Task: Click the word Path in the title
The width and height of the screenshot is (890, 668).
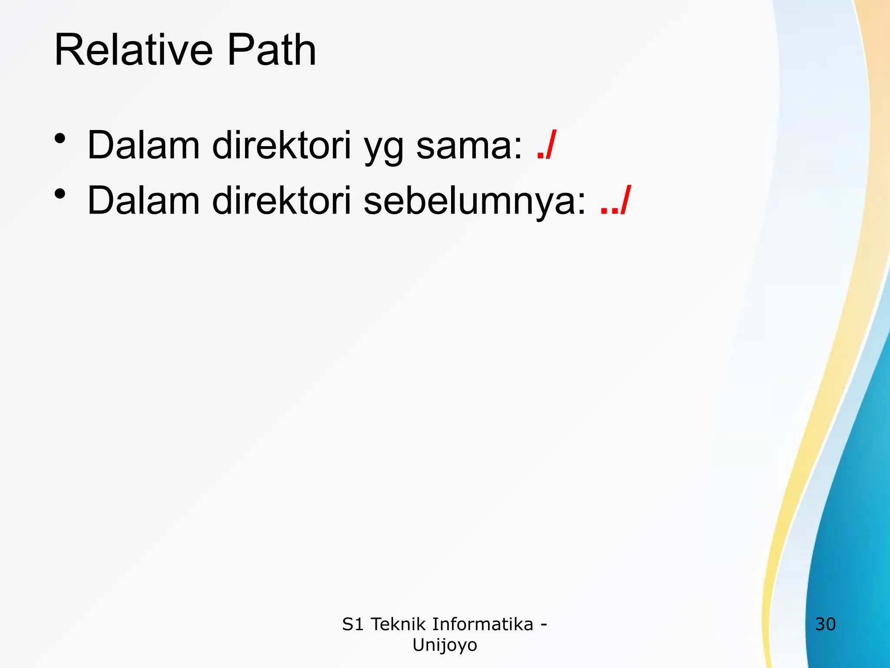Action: point(272,51)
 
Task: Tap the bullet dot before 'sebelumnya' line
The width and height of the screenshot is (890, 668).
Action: point(60,194)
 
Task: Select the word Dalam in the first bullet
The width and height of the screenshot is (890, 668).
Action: point(143,145)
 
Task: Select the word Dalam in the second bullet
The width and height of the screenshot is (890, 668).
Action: point(143,200)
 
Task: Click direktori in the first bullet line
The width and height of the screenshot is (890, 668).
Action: point(281,145)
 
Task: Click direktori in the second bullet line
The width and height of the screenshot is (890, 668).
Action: point(281,200)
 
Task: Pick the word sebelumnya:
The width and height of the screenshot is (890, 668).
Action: point(475,201)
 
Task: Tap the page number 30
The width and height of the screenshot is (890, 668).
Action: point(825,625)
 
